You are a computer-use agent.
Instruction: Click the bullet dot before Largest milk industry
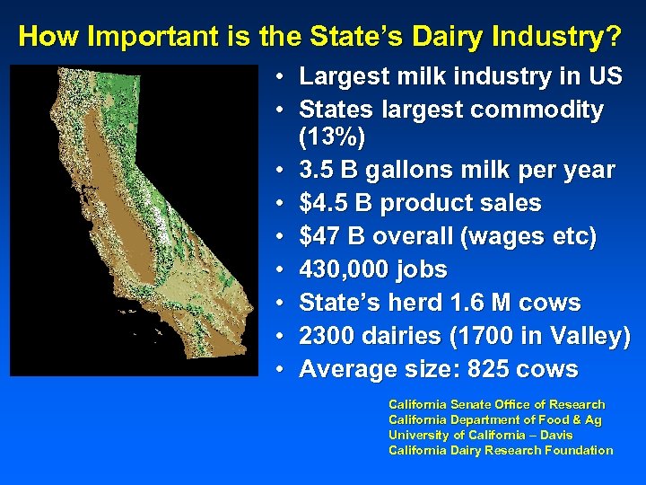click(x=282, y=77)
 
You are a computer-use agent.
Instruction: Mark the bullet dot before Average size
click(x=282, y=370)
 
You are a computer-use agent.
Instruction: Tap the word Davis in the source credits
click(x=556, y=435)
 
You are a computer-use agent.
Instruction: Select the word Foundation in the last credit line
click(x=580, y=450)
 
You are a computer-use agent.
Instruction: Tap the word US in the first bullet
click(x=601, y=77)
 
